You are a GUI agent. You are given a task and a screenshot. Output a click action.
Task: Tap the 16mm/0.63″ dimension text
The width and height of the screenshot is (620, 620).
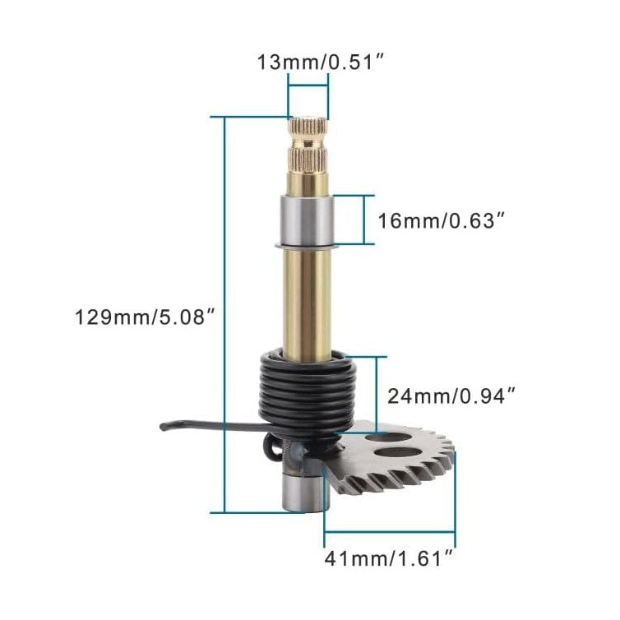441,220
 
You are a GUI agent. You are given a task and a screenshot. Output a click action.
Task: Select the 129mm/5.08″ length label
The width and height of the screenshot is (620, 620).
145,316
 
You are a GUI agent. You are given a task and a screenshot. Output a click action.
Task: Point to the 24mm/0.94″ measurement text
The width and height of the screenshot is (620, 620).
451,396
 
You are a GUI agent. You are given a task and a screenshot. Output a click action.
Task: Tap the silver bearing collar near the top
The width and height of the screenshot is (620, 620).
308,220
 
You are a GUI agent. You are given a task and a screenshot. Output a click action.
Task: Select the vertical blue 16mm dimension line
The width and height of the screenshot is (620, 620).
363,220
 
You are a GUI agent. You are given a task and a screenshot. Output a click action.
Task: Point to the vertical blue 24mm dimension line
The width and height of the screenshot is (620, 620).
377,394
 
